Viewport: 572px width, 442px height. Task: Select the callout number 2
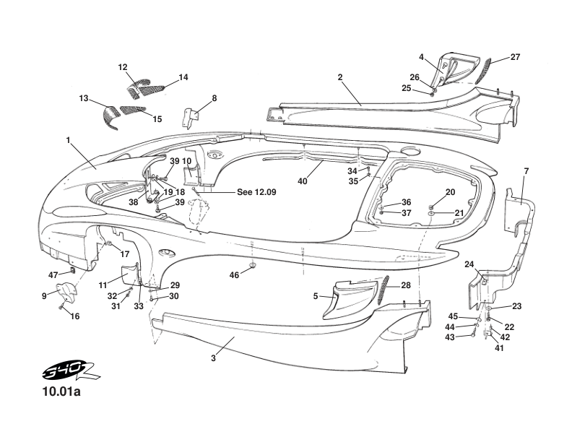(x=339, y=77)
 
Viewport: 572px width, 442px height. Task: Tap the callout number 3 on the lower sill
(x=214, y=358)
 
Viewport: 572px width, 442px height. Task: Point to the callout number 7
(x=526, y=170)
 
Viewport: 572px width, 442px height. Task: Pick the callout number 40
(x=303, y=181)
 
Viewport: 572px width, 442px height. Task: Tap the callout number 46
(x=234, y=275)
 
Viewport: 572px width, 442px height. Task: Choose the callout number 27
(x=515, y=56)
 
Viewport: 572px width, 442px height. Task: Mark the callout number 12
(x=123, y=67)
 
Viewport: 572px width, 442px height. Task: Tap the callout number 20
(x=450, y=191)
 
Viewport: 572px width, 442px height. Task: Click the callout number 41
(x=499, y=348)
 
